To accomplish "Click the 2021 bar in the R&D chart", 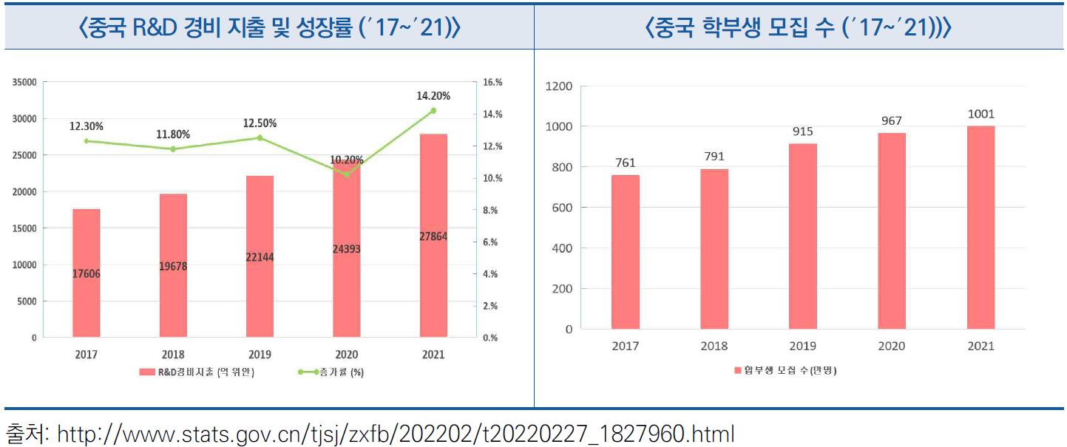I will [x=433, y=236].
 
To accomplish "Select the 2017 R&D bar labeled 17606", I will [x=86, y=273].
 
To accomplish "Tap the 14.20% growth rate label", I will [x=433, y=95].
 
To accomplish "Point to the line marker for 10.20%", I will [x=346, y=174].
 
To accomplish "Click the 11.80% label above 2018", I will [x=172, y=134].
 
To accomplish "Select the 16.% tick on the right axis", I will [x=492, y=83].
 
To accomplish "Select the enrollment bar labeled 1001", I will [x=980, y=228].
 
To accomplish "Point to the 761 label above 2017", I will [x=625, y=163].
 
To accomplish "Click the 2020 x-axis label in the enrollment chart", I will [x=891, y=346].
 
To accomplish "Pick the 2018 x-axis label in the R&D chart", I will [x=172, y=355].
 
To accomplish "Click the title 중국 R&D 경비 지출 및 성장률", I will [x=268, y=28].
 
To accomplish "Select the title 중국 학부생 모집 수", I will [x=799, y=28].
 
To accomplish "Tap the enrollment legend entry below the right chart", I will [x=785, y=370].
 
